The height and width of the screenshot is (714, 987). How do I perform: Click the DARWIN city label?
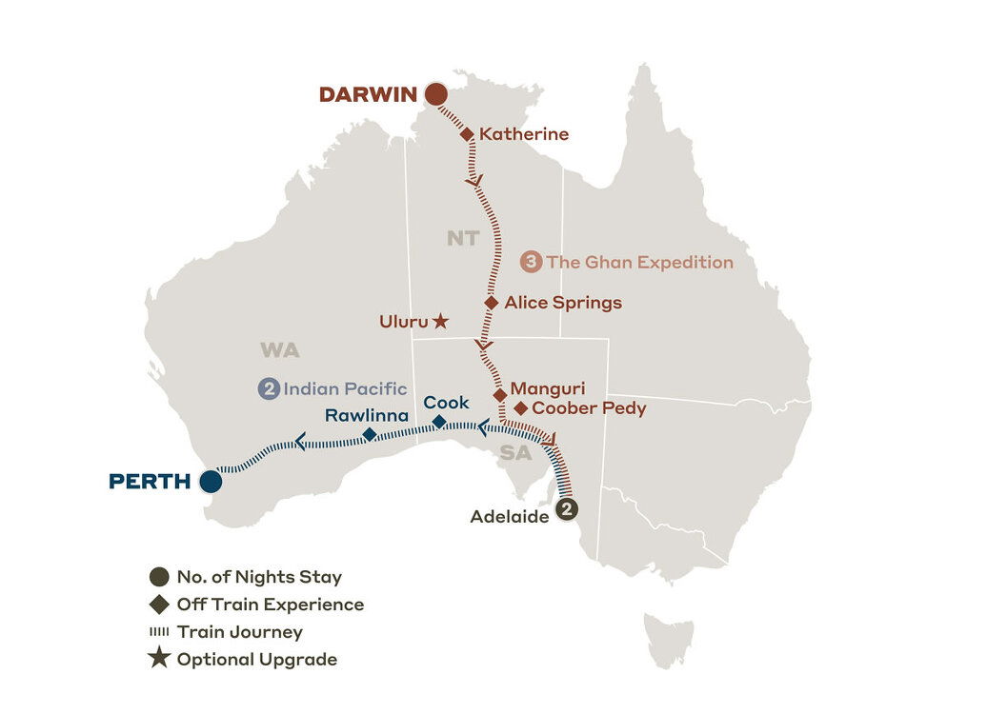[x=368, y=94]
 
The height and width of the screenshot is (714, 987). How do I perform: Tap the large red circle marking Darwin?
[x=436, y=93]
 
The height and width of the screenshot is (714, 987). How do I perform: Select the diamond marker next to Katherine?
[x=467, y=135]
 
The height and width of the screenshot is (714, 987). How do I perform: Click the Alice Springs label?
[x=563, y=303]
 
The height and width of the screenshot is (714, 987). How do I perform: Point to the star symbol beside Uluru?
[x=440, y=322]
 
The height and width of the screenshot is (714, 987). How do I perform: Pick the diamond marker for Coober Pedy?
[x=520, y=408]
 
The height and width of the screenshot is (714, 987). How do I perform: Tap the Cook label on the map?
[x=446, y=403]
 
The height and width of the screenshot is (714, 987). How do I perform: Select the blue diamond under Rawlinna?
[x=370, y=435]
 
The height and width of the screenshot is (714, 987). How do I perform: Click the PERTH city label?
[x=150, y=482]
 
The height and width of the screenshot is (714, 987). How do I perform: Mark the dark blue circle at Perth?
[x=211, y=482]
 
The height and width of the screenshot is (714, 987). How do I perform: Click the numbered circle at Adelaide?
[x=566, y=509]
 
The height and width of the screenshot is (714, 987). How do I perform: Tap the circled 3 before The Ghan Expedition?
[x=532, y=263]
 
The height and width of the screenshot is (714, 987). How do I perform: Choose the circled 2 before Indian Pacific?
[x=269, y=388]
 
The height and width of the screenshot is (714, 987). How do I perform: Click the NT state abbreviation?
[x=463, y=238]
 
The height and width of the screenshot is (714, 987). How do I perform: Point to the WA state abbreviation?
[x=280, y=350]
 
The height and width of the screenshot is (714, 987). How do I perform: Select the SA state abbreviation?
[x=515, y=453]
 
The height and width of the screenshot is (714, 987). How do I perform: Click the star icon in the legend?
[x=159, y=659]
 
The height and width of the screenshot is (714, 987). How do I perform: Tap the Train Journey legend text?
[x=239, y=631]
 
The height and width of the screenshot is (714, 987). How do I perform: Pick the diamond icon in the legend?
[x=159, y=604]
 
